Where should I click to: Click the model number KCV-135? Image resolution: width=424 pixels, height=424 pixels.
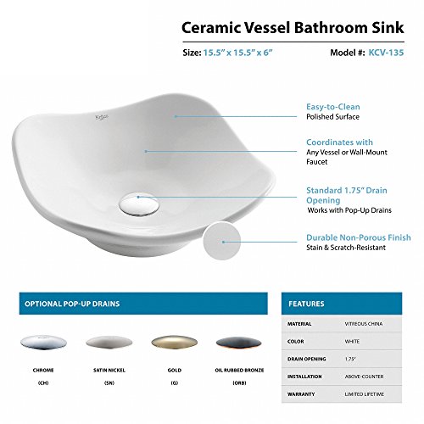386,53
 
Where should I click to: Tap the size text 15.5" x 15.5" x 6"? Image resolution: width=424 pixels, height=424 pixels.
237,53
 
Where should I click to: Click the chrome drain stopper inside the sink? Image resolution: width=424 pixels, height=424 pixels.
138,204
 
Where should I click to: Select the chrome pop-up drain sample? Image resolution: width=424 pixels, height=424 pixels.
43,343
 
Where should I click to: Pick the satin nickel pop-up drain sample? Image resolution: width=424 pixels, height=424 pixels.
109,343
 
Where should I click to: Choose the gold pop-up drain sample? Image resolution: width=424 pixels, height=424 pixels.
175,343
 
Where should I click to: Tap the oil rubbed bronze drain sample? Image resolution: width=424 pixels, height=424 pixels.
239,343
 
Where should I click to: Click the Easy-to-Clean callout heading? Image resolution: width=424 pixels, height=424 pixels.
333,107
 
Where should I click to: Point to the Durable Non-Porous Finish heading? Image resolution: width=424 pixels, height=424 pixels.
359,237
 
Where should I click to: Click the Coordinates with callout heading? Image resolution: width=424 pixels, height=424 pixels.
339,142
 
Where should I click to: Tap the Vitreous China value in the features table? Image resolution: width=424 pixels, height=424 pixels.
364,324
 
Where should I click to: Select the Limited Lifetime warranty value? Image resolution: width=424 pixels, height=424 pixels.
364,394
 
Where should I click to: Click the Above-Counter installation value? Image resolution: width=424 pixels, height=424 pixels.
364,377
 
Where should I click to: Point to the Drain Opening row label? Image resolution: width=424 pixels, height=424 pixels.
307,359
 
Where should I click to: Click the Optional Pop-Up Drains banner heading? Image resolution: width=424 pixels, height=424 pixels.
72,304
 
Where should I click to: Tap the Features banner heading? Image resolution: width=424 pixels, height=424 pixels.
306,304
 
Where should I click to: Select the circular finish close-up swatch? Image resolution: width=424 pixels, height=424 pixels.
221,240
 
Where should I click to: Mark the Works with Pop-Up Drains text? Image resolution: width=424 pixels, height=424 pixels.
349,210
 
